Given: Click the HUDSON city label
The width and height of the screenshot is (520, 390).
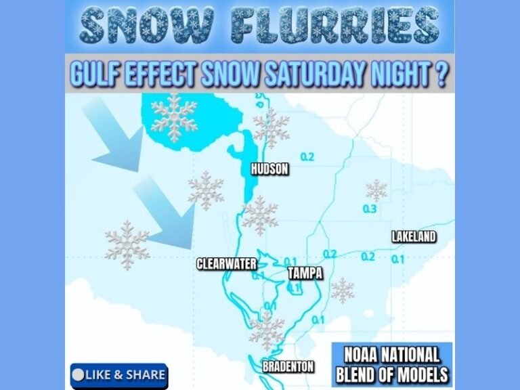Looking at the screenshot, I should [269, 169].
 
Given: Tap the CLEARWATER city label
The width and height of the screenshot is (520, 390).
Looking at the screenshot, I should [224, 264].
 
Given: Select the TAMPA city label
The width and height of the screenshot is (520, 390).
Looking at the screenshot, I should [305, 274].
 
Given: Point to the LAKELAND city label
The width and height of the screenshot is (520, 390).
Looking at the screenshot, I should [413, 237].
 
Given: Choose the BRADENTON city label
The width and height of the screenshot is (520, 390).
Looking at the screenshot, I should [288, 366].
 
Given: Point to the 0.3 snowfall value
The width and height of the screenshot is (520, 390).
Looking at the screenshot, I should [370, 209].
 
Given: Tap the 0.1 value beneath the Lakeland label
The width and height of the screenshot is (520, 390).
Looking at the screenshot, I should [397, 258].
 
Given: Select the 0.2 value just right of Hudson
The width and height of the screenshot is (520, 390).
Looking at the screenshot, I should [307, 157].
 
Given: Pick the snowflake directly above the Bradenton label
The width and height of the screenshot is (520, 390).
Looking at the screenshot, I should [266, 332].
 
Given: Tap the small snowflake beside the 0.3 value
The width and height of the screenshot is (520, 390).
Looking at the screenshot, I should [376, 190].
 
